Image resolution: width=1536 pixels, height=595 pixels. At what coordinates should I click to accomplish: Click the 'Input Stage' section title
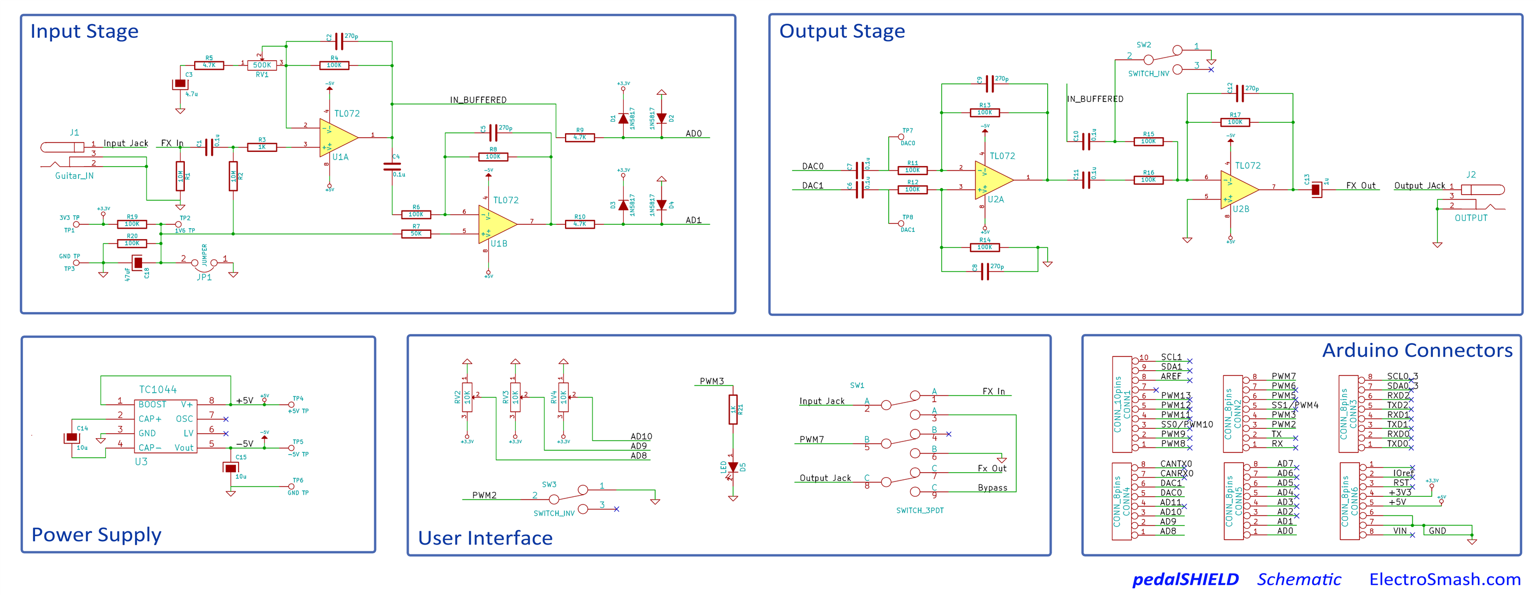point(84,31)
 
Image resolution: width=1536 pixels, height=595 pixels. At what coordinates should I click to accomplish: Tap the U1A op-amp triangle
point(336,137)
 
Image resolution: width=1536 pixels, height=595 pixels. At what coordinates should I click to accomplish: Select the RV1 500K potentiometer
point(262,65)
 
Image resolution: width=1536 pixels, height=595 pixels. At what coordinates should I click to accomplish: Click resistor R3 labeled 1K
point(262,146)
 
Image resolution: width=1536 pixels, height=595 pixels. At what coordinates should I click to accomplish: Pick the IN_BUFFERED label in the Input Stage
point(478,100)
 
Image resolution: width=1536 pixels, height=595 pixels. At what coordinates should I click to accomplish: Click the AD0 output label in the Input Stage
point(693,134)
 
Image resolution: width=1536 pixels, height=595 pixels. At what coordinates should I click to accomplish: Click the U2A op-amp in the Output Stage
point(991,179)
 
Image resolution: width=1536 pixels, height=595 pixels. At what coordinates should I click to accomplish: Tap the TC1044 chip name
point(157,389)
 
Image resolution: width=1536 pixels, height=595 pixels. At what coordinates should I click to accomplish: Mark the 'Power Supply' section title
point(96,534)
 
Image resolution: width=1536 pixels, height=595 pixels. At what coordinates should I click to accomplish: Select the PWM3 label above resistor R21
point(711,381)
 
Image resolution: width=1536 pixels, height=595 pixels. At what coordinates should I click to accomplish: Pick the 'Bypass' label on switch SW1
point(992,488)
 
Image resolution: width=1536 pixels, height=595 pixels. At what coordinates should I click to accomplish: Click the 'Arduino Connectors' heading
point(1417,350)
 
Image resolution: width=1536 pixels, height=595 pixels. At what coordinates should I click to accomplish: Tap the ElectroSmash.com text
point(1444,579)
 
